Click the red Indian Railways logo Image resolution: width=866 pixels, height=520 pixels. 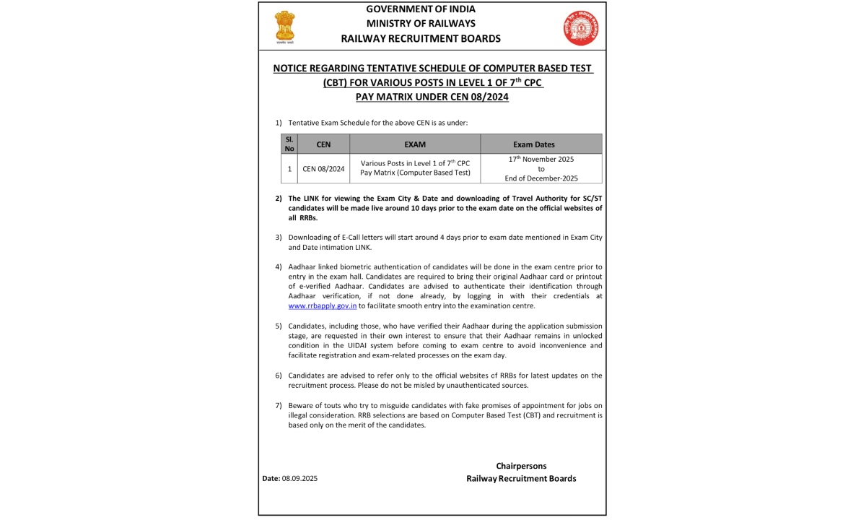[x=581, y=28]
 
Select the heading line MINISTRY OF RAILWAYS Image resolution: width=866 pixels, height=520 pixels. [x=421, y=24]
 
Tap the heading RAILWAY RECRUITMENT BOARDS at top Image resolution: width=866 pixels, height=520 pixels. [x=421, y=39]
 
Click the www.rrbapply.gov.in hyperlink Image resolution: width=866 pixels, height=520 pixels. [x=323, y=305]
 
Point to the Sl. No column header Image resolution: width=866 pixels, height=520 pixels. [x=289, y=144]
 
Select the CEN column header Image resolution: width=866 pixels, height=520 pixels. [x=323, y=144]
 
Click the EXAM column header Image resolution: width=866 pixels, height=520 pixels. [x=415, y=144]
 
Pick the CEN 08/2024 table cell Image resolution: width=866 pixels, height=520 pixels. [x=323, y=169]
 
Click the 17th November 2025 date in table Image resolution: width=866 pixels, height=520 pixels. [x=541, y=159]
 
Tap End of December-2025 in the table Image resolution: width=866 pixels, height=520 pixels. [x=541, y=178]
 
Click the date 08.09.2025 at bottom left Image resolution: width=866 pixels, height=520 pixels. [x=299, y=478]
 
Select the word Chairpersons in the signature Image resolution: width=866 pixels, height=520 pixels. [x=521, y=466]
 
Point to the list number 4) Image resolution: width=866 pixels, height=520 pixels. [x=279, y=267]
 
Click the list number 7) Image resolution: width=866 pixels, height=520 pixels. [x=279, y=405]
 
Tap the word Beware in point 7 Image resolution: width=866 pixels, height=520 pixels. [x=300, y=405]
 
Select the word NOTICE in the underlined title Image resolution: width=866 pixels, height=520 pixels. [x=291, y=69]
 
